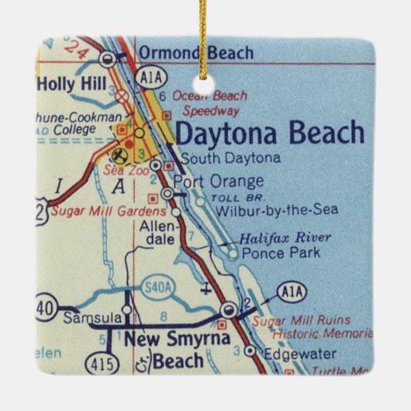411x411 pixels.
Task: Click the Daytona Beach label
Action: (270, 133)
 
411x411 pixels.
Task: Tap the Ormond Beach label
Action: (195, 53)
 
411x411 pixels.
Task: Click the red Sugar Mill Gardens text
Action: (108, 210)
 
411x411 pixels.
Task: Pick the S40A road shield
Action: (155, 288)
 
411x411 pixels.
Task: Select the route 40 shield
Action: (44, 308)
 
